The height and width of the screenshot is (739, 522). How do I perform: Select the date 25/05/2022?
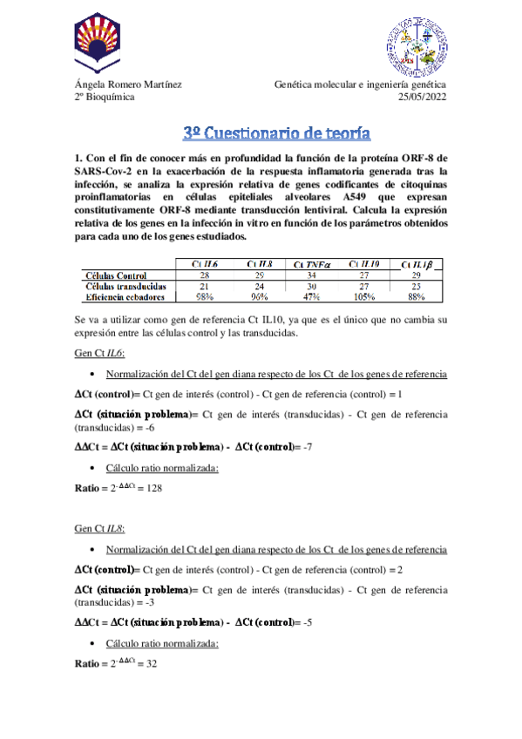point(422,98)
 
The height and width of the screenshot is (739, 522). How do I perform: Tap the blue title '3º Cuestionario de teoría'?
point(277,133)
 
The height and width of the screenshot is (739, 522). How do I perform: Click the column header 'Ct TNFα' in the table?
point(312,264)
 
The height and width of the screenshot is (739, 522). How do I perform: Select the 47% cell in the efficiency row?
point(311,296)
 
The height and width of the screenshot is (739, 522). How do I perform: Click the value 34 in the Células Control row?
point(311,275)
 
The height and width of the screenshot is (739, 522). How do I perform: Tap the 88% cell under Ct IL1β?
point(416,296)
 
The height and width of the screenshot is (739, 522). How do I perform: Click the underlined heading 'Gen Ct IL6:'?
point(99,354)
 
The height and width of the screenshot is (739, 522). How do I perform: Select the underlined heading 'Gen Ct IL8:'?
point(99,529)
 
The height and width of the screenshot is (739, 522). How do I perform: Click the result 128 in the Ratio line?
point(153,489)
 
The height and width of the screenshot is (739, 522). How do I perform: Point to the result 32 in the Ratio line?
point(151,663)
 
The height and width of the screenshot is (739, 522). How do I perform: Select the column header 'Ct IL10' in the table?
point(364,264)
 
